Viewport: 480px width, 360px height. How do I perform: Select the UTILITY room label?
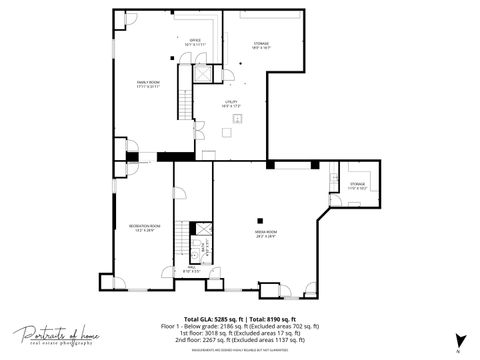[x=230, y=104]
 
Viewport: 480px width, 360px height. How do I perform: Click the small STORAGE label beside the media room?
[x=357, y=186]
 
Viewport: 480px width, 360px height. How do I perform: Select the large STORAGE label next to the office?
[x=261, y=45]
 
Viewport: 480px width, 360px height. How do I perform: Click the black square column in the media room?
[x=259, y=220]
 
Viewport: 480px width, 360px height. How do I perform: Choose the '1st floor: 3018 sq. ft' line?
[x=240, y=333]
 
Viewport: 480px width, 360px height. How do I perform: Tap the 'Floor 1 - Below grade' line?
[x=240, y=326]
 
